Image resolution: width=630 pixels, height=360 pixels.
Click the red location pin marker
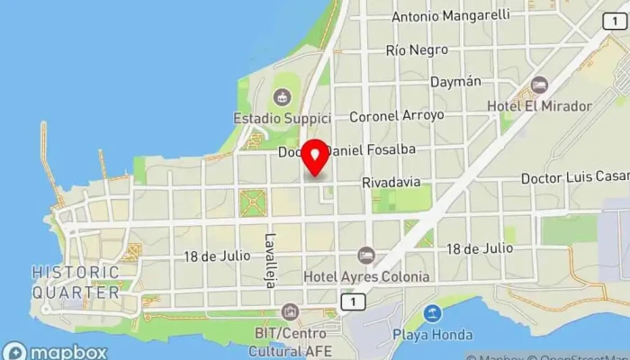click(315, 157)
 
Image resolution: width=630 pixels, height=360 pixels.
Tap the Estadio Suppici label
click(282, 118)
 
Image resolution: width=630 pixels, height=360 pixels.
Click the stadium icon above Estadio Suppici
click(283, 96)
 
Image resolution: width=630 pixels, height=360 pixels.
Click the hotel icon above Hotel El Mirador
click(539, 85)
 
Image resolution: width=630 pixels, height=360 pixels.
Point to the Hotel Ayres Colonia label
click(366, 276)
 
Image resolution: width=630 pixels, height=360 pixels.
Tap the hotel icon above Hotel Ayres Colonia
click(365, 256)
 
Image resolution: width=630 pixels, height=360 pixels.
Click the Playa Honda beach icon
click(432, 314)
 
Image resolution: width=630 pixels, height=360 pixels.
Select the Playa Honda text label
click(432, 335)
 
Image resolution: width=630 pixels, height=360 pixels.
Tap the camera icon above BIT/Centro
click(290, 312)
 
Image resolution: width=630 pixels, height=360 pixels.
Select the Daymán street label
click(455, 82)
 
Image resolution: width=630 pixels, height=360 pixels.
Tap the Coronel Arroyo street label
click(397, 115)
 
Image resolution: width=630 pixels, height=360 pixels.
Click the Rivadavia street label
click(391, 182)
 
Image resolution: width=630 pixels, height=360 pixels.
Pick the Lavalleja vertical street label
click(269, 255)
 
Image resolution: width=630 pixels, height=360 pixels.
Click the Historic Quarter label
click(76, 282)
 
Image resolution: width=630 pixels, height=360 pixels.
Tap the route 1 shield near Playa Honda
click(356, 301)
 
